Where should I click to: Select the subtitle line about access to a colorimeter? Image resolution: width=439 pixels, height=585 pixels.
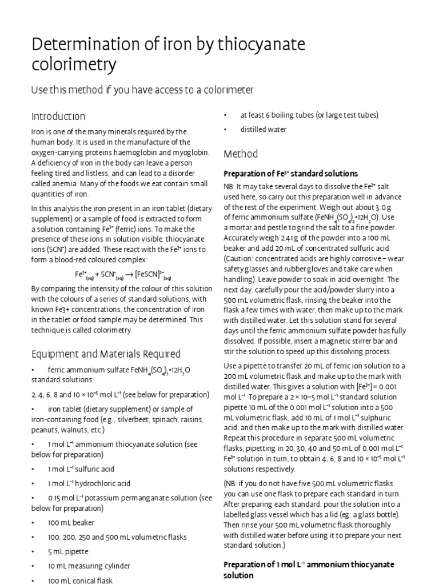point(142,90)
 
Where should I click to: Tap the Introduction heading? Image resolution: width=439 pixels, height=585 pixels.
point(58,117)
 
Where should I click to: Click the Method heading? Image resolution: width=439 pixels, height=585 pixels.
point(241,154)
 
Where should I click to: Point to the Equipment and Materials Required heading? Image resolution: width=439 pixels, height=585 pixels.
point(106,354)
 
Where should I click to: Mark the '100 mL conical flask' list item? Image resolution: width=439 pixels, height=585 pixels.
point(80,580)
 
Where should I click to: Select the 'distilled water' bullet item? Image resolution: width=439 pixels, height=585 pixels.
point(256,129)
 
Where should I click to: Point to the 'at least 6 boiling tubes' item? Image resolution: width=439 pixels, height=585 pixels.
point(309,115)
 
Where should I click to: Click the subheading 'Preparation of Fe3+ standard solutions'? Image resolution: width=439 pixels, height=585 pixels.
point(290,173)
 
